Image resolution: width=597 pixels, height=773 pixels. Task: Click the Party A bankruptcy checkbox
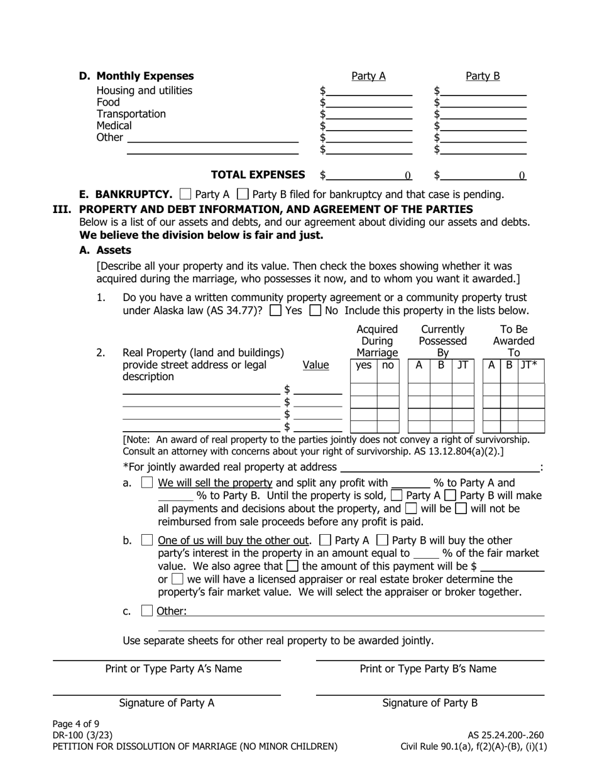click(185, 194)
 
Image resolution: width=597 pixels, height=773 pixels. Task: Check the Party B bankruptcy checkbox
click(243, 194)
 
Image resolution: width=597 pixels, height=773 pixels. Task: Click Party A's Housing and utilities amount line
click(369, 90)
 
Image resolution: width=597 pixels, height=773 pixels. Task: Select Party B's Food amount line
click(483, 102)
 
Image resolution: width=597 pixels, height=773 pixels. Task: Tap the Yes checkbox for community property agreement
click(275, 310)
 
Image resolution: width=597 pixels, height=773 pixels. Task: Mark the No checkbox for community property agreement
click(315, 310)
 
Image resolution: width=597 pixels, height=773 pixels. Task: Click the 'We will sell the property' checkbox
click(147, 483)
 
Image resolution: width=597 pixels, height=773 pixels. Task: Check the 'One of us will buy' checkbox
click(147, 540)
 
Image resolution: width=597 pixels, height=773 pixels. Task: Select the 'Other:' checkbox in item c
click(147, 611)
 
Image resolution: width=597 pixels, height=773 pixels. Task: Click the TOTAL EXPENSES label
click(258, 175)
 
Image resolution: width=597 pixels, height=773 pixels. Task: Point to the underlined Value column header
click(315, 365)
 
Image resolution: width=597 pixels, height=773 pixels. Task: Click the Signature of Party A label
click(167, 703)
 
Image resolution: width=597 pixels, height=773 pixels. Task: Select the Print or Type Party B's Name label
click(428, 669)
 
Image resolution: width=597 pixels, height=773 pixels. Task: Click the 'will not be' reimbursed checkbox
click(461, 509)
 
